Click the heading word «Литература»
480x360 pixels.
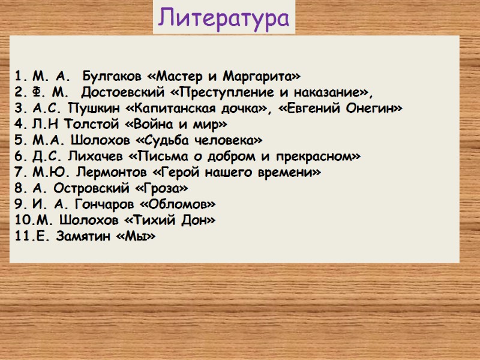[x=224, y=18]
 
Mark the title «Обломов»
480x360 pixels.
[x=187, y=205]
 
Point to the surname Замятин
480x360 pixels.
[x=80, y=236]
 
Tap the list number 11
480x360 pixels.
[x=22, y=236]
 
